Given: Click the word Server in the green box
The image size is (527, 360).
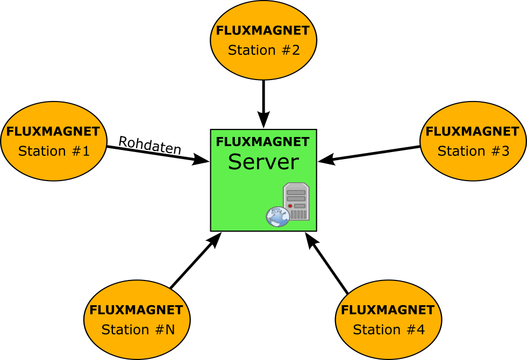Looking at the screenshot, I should tap(263, 162).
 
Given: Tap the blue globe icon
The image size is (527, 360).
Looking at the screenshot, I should tap(277, 217).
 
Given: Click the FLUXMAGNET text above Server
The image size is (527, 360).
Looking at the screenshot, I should tap(263, 142).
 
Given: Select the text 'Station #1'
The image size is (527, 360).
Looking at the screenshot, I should tap(54, 151).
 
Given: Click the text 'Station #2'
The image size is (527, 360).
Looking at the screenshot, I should tap(263, 50).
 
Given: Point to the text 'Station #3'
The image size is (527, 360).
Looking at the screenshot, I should tap(473, 151).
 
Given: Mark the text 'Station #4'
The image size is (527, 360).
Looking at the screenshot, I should tap(388, 329).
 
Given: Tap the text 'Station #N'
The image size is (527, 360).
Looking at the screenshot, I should tap(138, 329).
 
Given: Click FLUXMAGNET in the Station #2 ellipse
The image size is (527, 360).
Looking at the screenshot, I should tap(263, 31).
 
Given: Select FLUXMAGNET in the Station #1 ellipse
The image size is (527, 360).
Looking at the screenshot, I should tap(53, 132).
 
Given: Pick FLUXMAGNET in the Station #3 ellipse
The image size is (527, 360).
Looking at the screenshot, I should tap(473, 132).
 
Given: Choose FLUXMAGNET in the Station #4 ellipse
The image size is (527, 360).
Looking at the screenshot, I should tap(388, 310).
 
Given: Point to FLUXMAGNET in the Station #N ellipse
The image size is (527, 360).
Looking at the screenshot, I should tap(137, 310).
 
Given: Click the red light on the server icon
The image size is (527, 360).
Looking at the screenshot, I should tap(290, 206).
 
